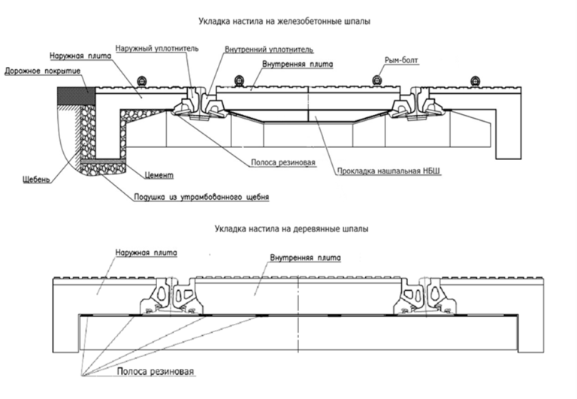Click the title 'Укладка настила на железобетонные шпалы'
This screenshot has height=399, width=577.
285,21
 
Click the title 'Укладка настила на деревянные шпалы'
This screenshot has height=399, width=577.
292,229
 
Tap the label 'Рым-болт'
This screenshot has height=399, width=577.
401,60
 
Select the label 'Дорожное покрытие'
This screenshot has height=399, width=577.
42,71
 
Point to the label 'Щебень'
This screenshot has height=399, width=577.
36,180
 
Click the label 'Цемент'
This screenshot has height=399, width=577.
159,175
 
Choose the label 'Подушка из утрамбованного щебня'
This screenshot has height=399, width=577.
201,197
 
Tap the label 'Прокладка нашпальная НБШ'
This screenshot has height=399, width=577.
388,171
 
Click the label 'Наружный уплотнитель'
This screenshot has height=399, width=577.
157,49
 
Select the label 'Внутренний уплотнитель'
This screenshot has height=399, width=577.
269,50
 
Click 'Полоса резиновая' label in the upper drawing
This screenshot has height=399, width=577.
283,162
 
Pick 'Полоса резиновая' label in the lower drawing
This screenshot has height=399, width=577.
156,371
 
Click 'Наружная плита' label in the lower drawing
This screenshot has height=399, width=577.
146,253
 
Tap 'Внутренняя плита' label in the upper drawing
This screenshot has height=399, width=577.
298,64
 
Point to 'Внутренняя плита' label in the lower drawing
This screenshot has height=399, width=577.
306,258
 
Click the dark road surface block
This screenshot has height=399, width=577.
76,95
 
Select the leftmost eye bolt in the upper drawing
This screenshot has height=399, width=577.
140,80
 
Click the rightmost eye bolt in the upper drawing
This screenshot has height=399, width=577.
475,80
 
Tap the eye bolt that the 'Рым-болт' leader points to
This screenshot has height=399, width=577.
376,80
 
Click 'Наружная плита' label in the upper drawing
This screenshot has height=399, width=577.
80,56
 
